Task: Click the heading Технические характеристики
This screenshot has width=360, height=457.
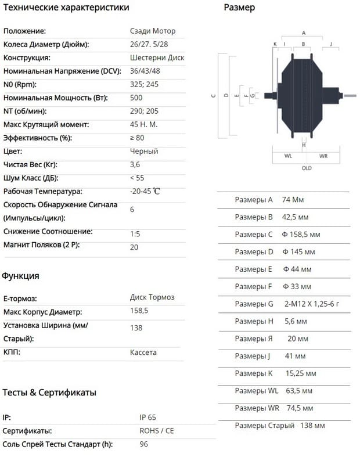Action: pyautogui.click(x=66, y=8)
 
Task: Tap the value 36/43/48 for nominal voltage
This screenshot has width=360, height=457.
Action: pyautogui.click(x=145, y=71)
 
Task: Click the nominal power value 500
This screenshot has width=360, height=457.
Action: pyautogui.click(x=136, y=98)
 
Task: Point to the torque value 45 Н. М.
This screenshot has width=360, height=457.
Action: pyautogui.click(x=144, y=124)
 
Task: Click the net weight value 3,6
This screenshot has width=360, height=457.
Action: pyautogui.click(x=135, y=164)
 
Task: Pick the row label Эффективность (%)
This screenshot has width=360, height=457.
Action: pyautogui.click(x=38, y=138)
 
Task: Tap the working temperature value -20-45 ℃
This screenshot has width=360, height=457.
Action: pyautogui.click(x=145, y=191)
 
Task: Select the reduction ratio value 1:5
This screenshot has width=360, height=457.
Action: pyautogui.click(x=136, y=233)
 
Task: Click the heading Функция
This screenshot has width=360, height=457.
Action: pyautogui.click(x=20, y=276)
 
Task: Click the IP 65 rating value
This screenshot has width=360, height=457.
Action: pyautogui.click(x=148, y=418)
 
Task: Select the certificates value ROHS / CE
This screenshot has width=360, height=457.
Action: pyautogui.click(x=157, y=431)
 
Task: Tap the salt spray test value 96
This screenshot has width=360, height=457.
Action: pyautogui.click(x=144, y=444)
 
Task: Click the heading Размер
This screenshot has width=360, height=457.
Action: pyautogui.click(x=239, y=8)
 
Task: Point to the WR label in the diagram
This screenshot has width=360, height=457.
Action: pyautogui.click(x=323, y=156)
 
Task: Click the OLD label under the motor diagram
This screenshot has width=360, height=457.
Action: pyautogui.click(x=307, y=168)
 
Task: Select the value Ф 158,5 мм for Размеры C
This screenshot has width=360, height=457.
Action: pyautogui.click(x=301, y=235)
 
